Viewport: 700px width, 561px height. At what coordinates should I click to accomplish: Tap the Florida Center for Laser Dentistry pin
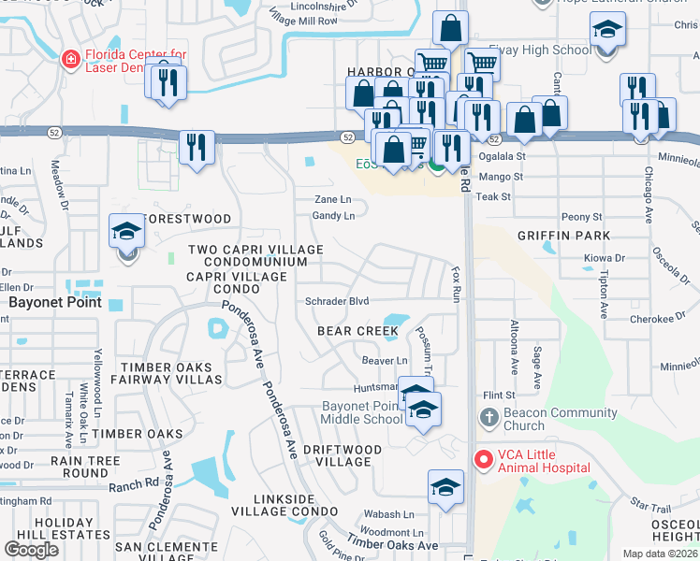pyautogui.click(x=70, y=60)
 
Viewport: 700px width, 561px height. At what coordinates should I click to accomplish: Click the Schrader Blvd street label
pyautogui.click(x=337, y=301)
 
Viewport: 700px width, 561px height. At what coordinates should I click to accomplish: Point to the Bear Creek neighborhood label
pyautogui.click(x=357, y=331)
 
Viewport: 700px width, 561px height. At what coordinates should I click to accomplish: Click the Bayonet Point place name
pyautogui.click(x=48, y=303)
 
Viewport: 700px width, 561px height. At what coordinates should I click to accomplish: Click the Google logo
pyautogui.click(x=32, y=550)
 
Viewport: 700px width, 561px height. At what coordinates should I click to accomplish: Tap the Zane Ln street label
pyautogui.click(x=332, y=199)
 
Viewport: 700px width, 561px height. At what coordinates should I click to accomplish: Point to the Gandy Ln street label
pyautogui.click(x=334, y=216)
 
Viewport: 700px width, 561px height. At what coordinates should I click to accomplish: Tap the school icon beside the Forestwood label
pyautogui.click(x=127, y=232)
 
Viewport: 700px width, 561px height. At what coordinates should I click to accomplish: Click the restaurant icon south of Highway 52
pyautogui.click(x=197, y=148)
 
